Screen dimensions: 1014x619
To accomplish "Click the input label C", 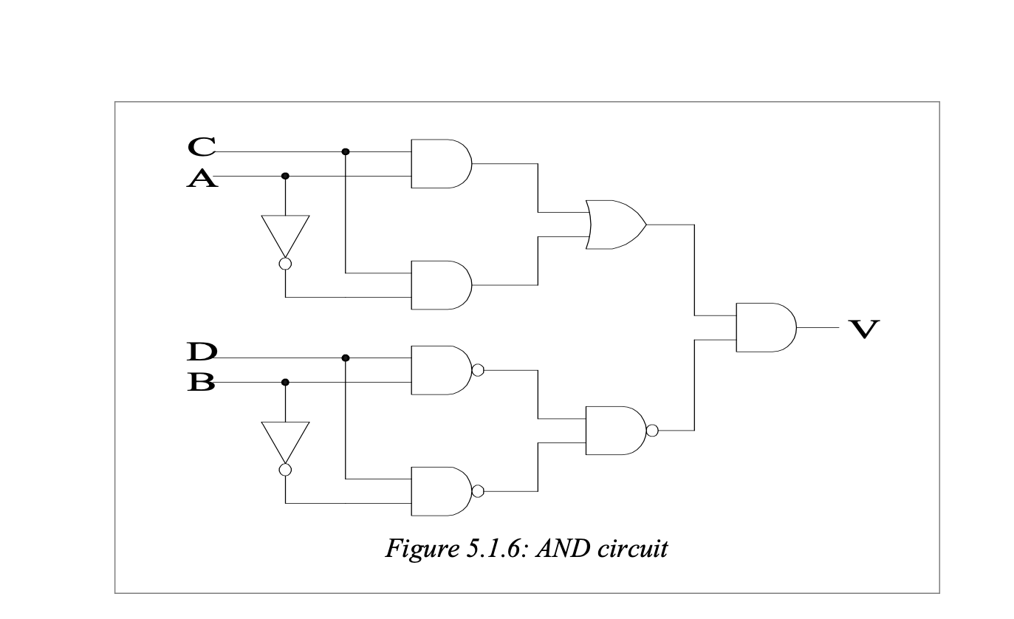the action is point(202,147).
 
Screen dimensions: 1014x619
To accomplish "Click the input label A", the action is point(202,178).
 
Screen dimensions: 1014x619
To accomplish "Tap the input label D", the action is point(202,352).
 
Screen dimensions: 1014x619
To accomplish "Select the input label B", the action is point(201,382).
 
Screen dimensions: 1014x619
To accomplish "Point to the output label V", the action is point(864,329).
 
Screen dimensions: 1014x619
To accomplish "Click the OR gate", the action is point(616,225).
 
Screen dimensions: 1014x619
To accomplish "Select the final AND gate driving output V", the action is point(767,327).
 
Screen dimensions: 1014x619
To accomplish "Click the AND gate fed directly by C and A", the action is point(442,163).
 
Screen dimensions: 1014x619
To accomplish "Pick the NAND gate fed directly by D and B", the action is point(448,370).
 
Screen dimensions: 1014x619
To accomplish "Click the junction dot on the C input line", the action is point(346,151).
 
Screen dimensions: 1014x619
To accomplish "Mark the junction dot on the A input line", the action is point(285,176).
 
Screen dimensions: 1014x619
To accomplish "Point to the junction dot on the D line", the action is point(346,358).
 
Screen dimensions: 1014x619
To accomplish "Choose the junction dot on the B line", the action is point(285,382).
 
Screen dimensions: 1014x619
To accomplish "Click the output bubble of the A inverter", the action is point(285,264).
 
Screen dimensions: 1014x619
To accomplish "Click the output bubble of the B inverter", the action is point(285,470).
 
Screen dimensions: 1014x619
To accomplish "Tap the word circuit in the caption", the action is point(632,548).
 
